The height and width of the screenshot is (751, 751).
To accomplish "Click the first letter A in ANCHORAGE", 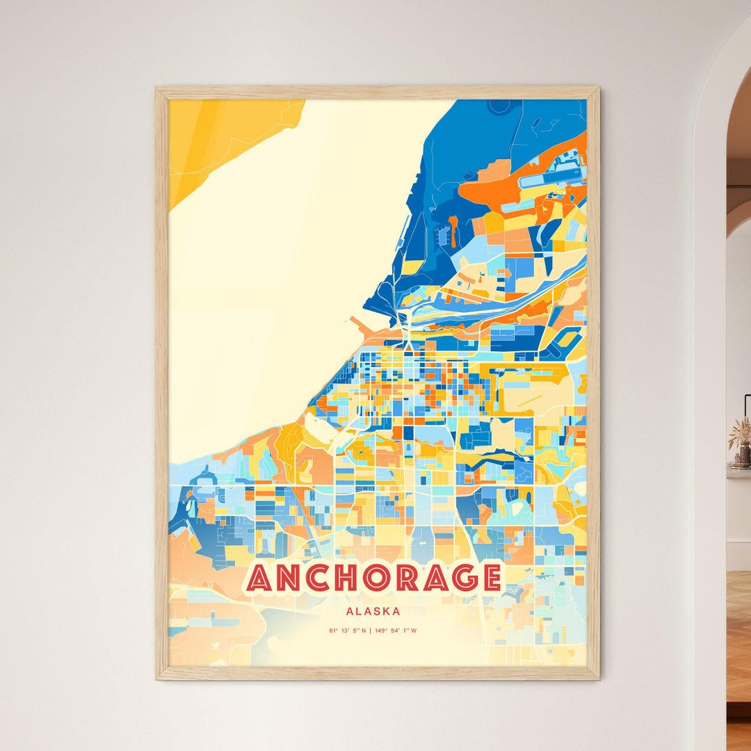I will click(259, 579).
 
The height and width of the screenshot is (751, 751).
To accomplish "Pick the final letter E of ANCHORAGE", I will click(492, 579).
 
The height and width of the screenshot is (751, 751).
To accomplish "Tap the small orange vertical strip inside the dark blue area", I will click(454, 232).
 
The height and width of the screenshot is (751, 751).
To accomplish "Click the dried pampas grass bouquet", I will click(740, 433).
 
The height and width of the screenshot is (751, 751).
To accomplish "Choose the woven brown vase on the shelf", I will click(743, 455).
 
